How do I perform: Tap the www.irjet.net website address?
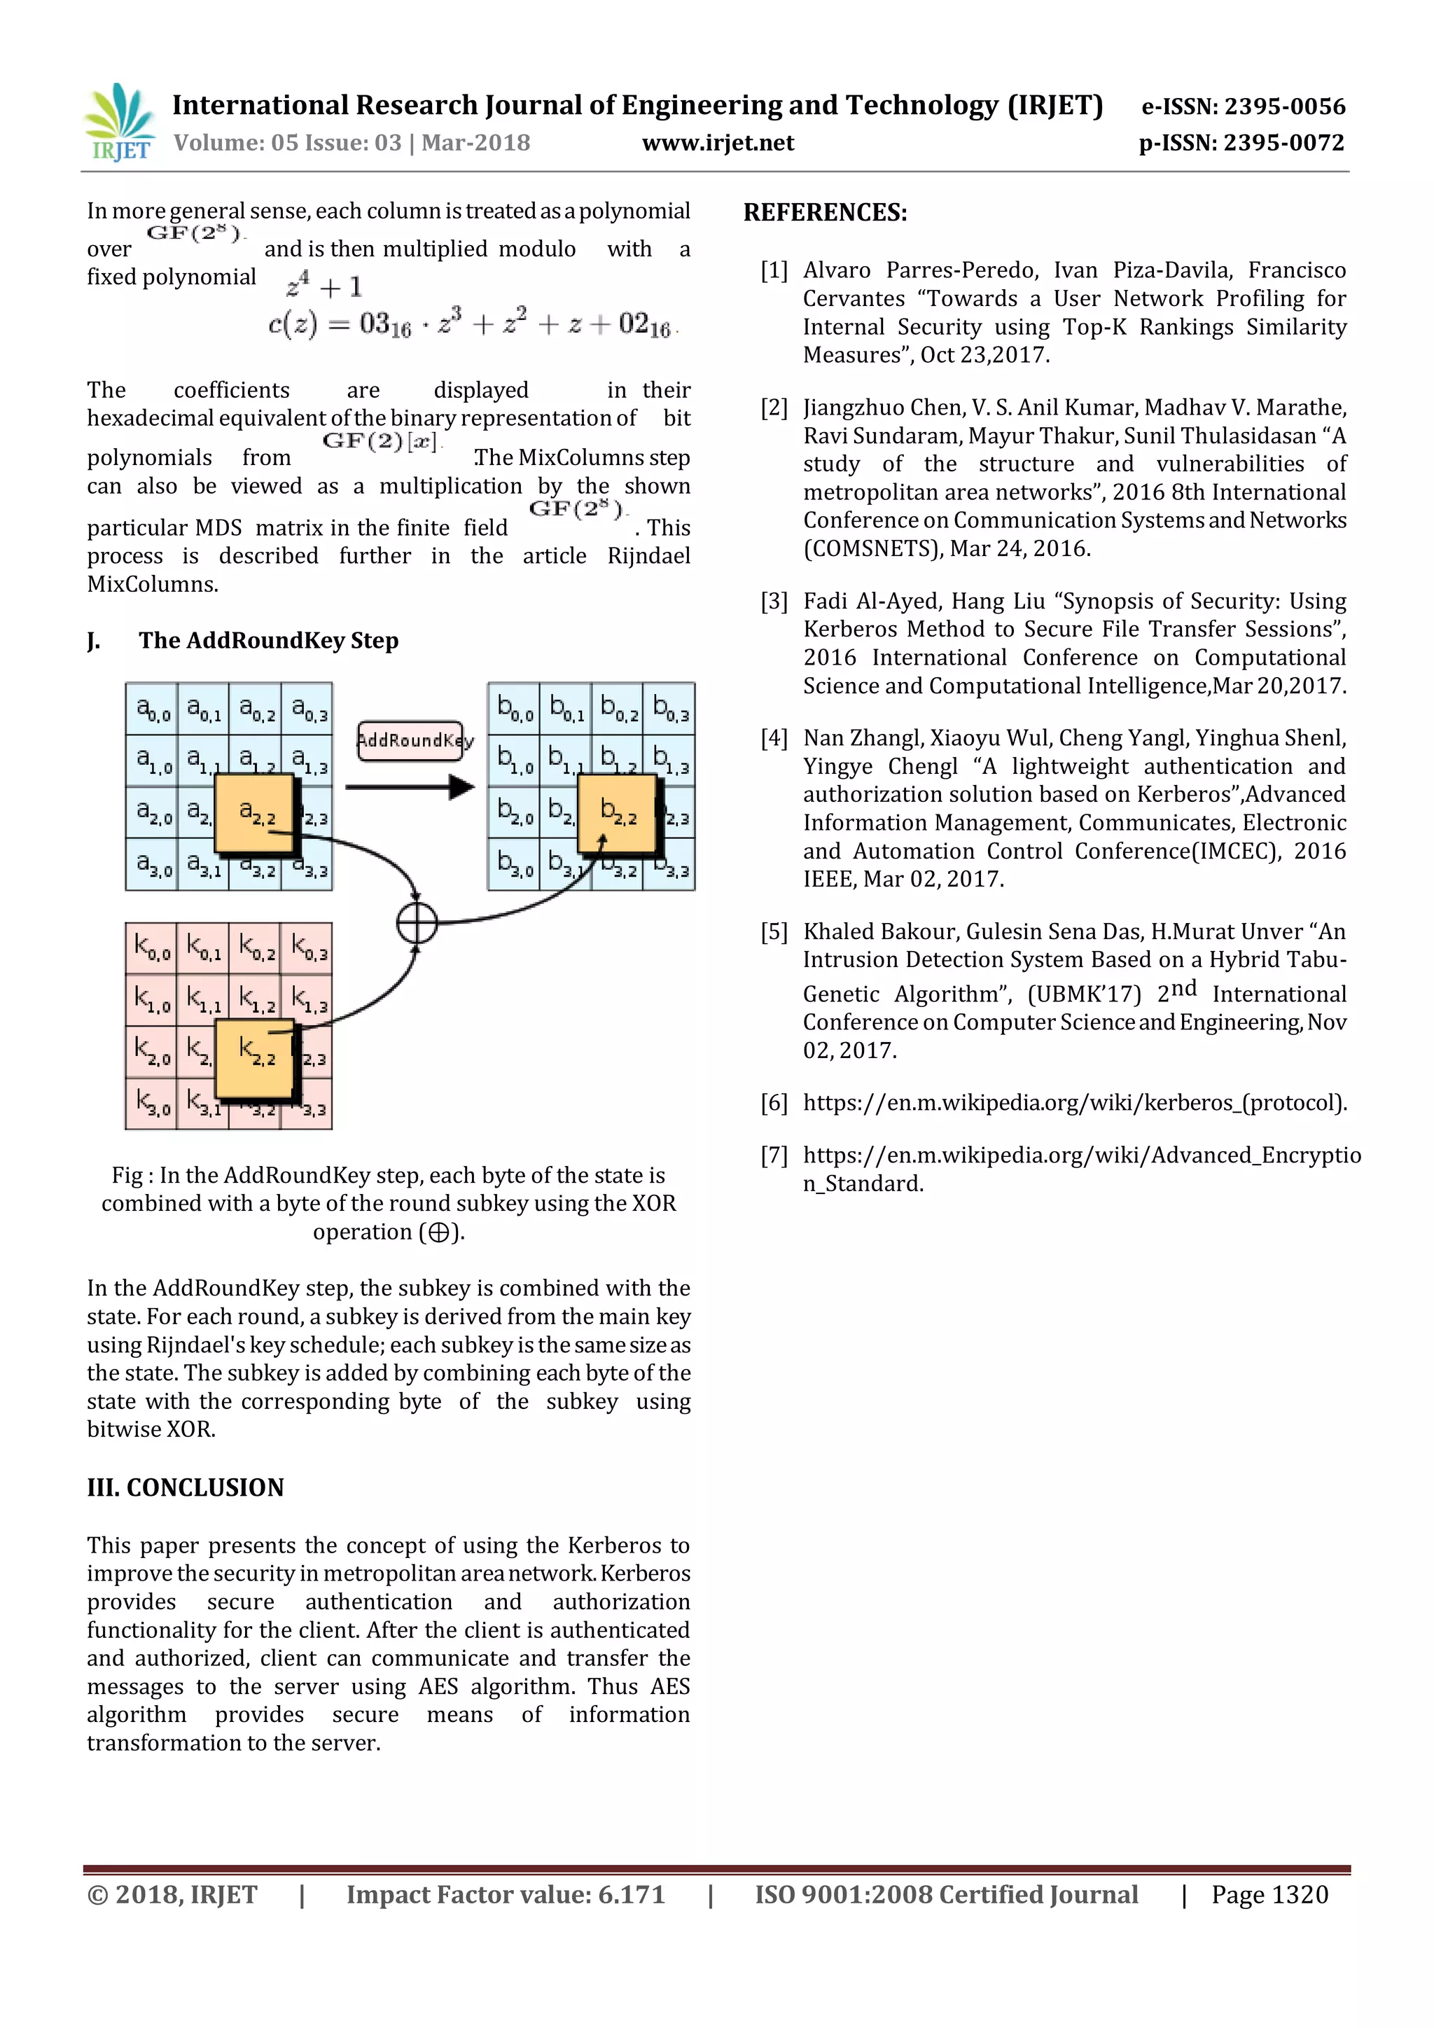pyautogui.click(x=717, y=143)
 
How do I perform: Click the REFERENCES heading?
pyautogui.click(x=825, y=213)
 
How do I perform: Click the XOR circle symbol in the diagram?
pyautogui.click(x=417, y=923)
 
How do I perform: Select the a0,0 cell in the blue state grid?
pyautogui.click(x=152, y=709)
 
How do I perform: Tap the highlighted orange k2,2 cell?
pyautogui.click(x=256, y=1057)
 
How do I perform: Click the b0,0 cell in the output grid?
pyautogui.click(x=514, y=709)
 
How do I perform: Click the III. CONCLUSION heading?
pyautogui.click(x=186, y=1487)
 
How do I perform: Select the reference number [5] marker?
pyautogui.click(x=774, y=932)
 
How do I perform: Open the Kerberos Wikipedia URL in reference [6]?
pyautogui.click(x=1073, y=1103)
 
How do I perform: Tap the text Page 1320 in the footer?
pyautogui.click(x=1269, y=1896)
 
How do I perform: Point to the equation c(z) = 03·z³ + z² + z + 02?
pyautogui.click(x=471, y=325)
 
